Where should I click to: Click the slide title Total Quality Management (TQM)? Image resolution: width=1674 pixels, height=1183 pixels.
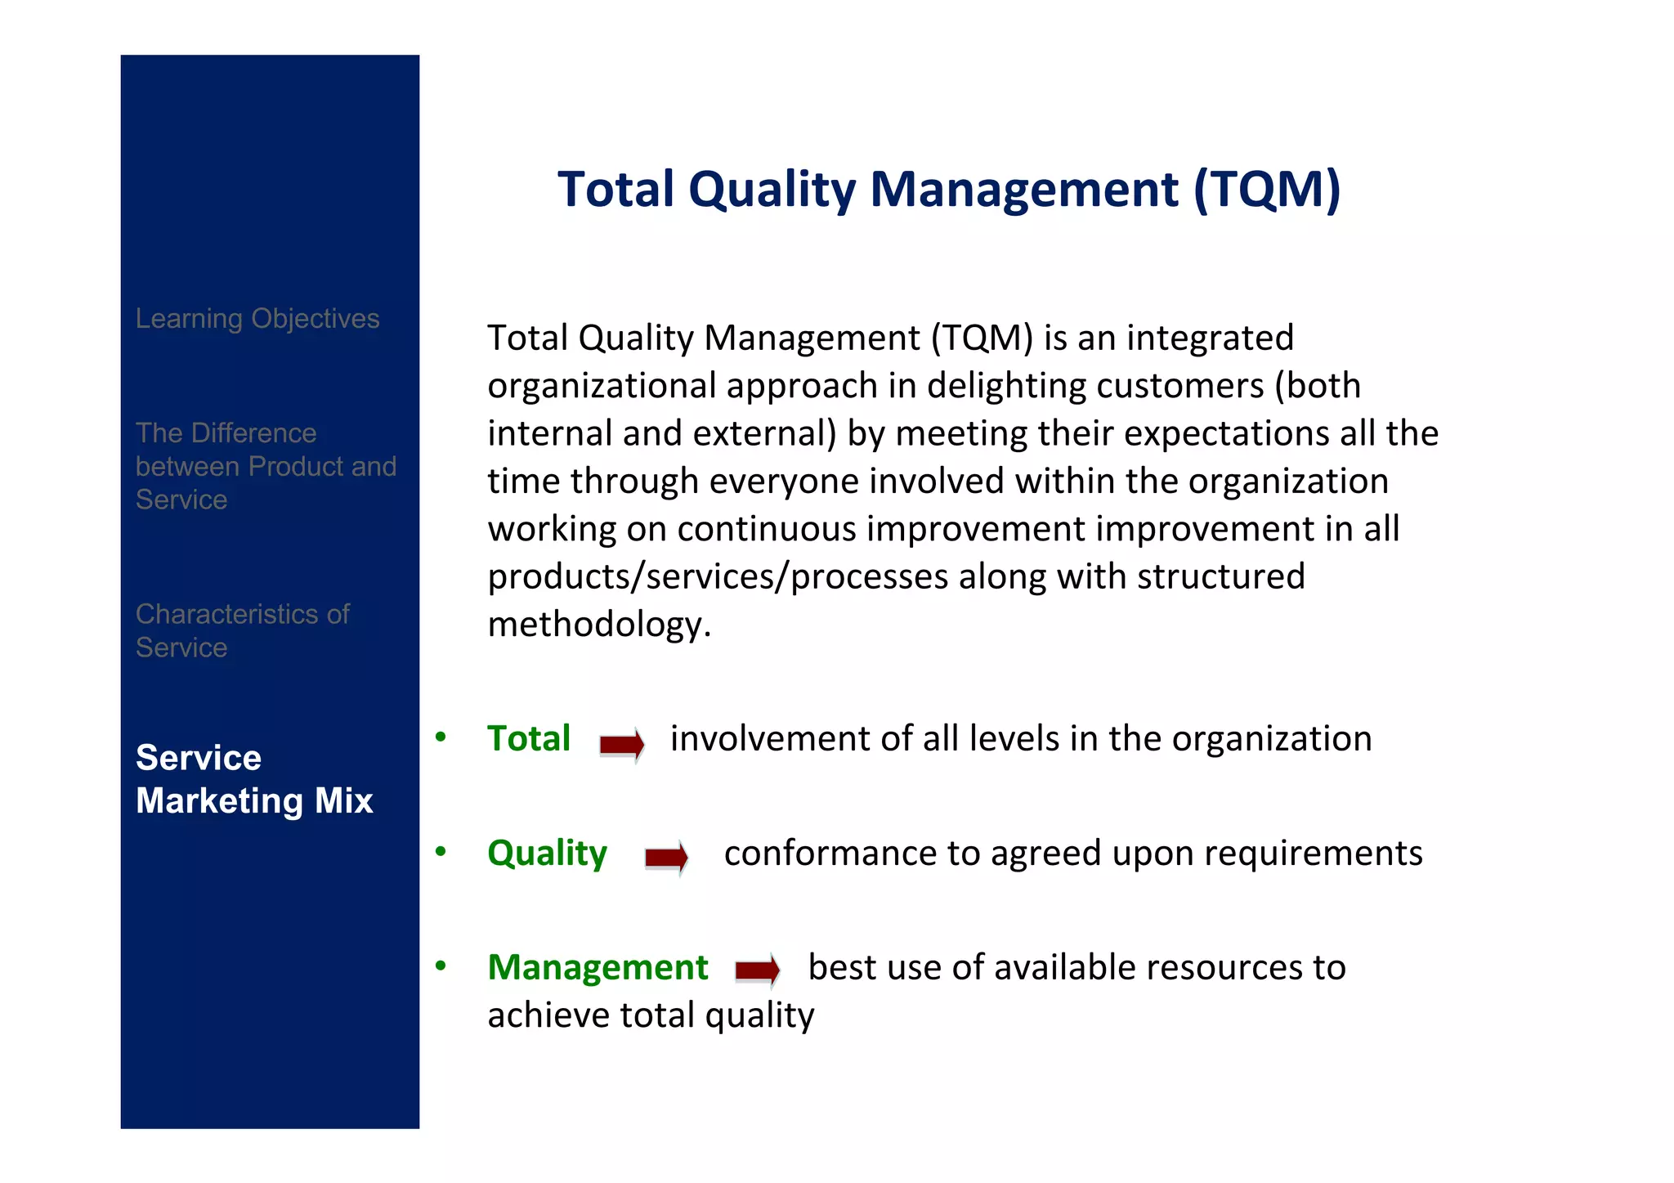[948, 190]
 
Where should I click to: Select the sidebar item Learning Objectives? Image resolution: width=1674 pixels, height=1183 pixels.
[257, 319]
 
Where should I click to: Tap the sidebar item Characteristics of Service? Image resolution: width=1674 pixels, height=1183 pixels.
[242, 630]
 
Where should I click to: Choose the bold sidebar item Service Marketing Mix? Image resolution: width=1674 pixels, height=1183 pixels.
[254, 779]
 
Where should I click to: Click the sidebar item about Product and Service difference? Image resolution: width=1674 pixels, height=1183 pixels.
[265, 466]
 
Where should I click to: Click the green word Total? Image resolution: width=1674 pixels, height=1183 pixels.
[528, 739]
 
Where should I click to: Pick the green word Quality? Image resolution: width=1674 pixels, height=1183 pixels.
[547, 854]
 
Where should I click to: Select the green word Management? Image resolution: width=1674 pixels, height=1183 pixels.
[598, 968]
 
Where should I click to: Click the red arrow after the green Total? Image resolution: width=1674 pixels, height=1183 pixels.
[622, 744]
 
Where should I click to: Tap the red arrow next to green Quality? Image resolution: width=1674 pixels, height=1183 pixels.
[666, 858]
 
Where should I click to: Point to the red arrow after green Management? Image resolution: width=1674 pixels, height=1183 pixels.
[757, 970]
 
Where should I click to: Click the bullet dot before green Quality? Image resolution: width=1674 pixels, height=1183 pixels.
[441, 852]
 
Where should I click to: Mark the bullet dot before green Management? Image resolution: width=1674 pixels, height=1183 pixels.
[441, 966]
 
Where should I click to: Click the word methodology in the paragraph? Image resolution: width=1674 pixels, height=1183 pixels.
[598, 625]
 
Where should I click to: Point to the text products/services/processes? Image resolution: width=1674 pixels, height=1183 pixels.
[718, 577]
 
